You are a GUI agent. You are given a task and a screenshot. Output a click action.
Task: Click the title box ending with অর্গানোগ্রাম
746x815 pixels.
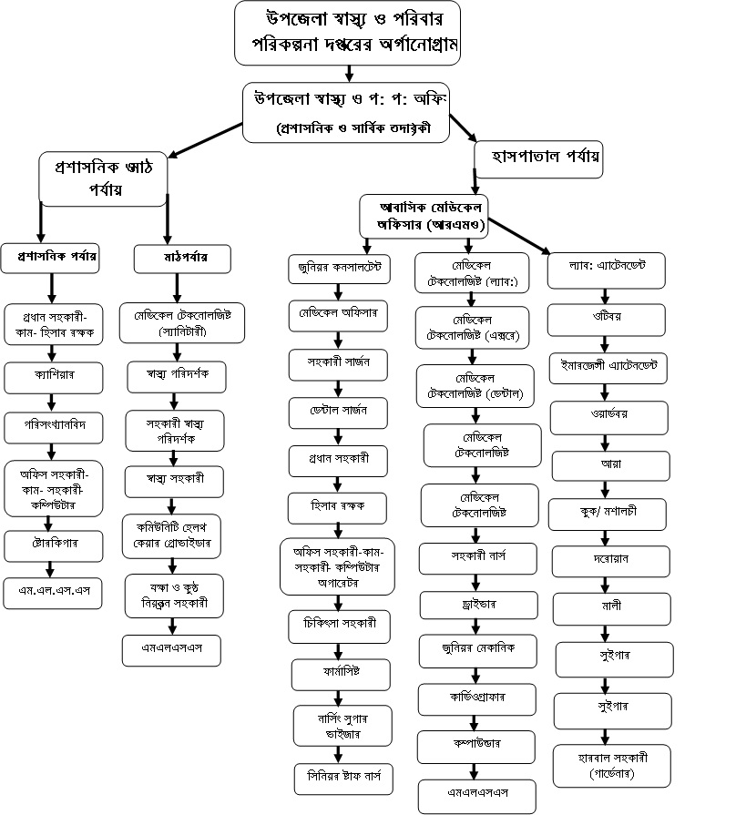click(x=347, y=33)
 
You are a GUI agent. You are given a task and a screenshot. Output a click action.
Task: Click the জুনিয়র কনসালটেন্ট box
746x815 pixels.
click(x=339, y=268)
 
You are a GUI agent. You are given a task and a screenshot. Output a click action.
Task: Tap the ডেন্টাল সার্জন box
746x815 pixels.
click(x=339, y=410)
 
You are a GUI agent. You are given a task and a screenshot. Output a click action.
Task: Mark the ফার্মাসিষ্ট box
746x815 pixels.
click(x=339, y=675)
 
